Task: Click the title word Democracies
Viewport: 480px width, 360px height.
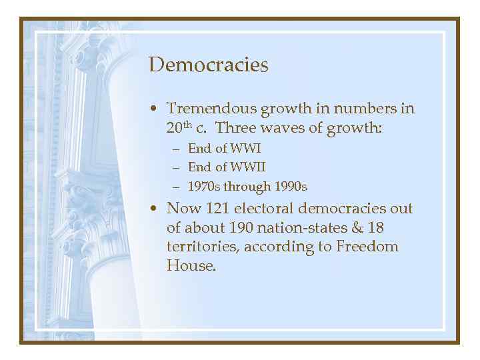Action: coord(208,65)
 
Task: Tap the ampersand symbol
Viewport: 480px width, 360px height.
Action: coord(358,228)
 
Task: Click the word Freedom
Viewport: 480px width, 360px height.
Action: coord(369,247)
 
